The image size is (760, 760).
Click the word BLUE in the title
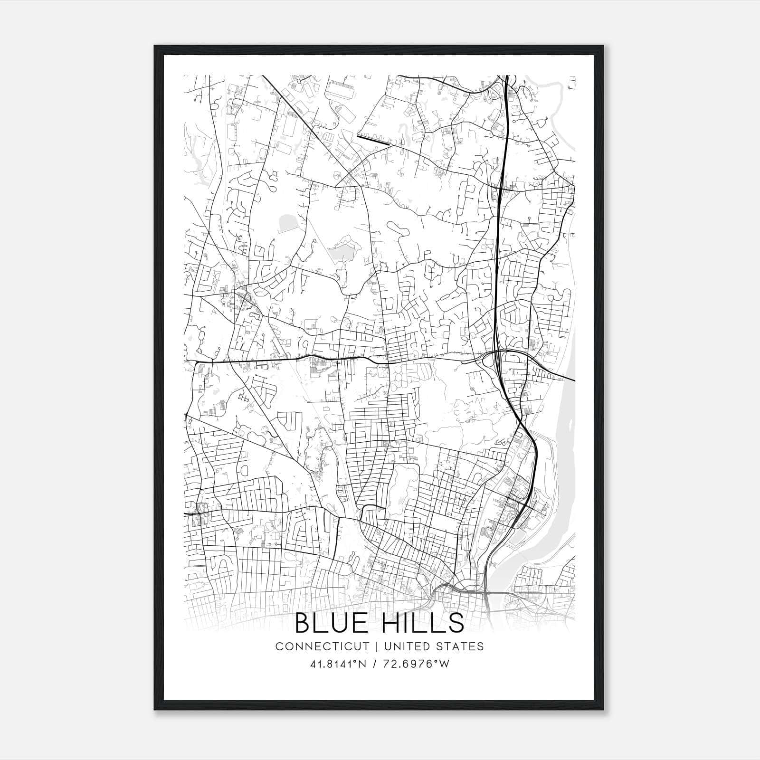tap(332, 623)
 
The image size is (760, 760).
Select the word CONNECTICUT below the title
tap(322, 646)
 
